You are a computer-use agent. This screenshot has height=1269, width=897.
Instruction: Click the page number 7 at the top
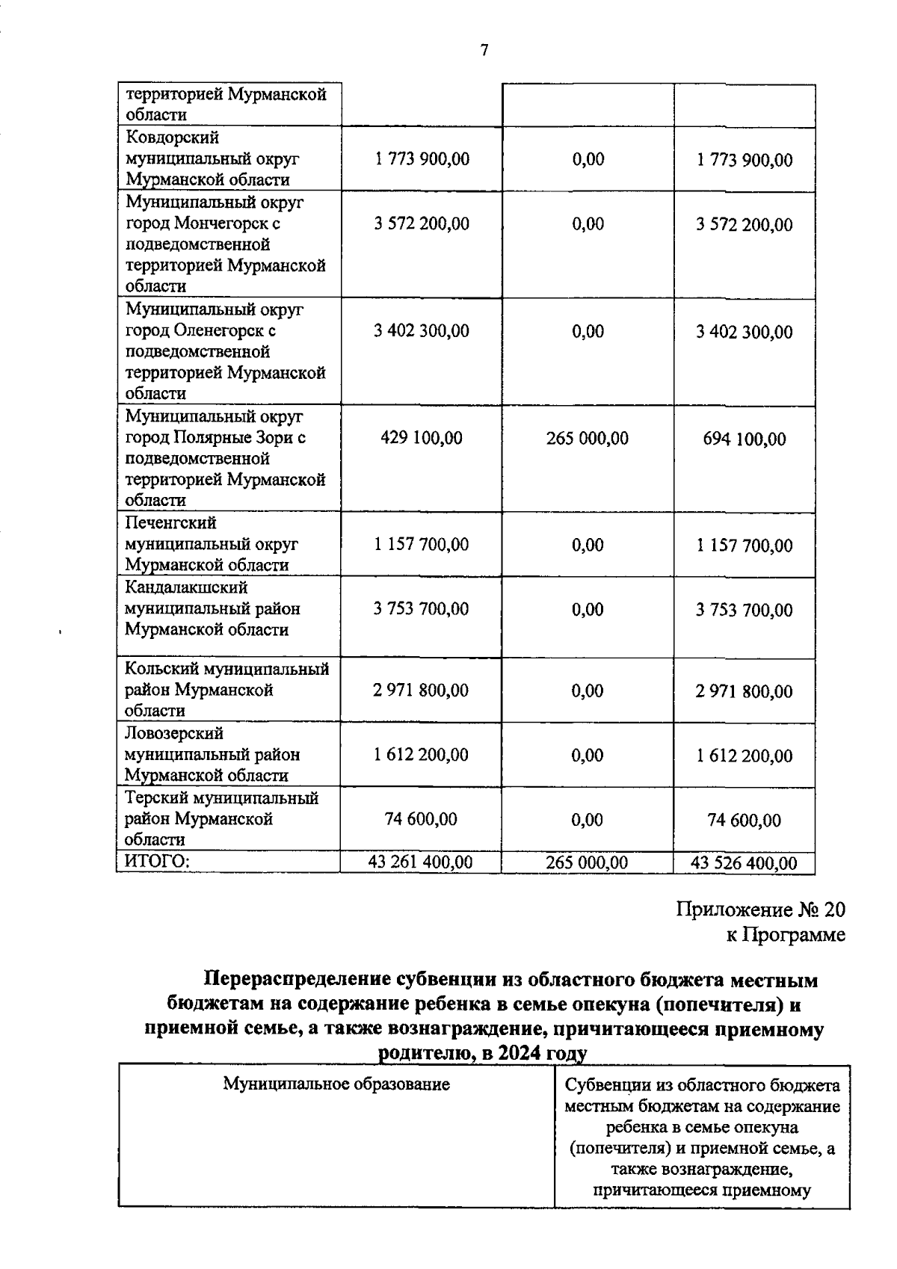pos(484,50)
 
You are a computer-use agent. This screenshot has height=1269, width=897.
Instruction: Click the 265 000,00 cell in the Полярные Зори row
pos(587,438)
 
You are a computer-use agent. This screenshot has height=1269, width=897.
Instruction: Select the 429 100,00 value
pos(422,438)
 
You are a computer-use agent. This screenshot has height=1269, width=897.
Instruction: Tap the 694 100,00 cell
pos(744,439)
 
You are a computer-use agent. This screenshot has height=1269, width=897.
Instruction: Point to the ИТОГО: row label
pos(157,862)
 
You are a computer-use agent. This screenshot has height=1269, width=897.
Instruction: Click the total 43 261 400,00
pos(420,862)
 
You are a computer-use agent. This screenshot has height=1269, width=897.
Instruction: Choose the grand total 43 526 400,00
pos(744,863)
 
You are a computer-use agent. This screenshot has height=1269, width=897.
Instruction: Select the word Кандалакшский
pos(186,587)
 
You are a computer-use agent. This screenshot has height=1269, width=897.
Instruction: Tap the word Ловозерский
pos(174,733)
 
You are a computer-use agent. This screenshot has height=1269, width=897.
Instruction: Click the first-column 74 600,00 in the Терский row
pos(420,819)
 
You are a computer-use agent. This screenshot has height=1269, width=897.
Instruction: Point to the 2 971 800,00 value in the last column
pos(744,691)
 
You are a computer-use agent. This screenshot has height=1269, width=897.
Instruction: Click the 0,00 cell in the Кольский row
pos(587,691)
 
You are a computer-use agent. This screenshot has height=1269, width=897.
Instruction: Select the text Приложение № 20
pos(760,910)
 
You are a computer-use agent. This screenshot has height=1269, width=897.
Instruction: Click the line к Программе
pos(786,934)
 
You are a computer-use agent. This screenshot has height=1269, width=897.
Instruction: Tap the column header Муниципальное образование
pos(336,1084)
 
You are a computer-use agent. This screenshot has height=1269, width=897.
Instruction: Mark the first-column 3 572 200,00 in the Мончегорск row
pos(422,223)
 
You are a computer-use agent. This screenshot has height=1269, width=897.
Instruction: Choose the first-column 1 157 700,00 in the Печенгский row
pos(422,544)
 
